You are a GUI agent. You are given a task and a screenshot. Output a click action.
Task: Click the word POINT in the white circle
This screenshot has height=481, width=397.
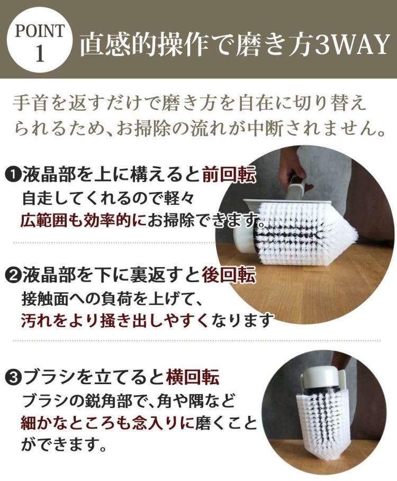(x=40, y=31)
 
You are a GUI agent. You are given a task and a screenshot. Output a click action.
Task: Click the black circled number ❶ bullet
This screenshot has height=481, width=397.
(x=12, y=175)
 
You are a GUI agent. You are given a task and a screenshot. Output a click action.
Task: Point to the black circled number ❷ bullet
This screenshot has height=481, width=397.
(x=12, y=275)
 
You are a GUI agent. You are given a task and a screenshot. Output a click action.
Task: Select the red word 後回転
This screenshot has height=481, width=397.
(x=229, y=275)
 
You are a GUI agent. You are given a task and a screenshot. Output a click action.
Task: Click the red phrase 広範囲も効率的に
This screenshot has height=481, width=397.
(x=84, y=220)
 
